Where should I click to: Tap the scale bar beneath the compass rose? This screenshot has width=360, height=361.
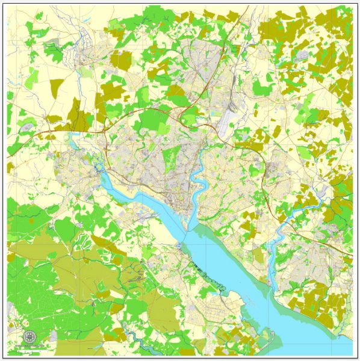(x=29, y=347)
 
